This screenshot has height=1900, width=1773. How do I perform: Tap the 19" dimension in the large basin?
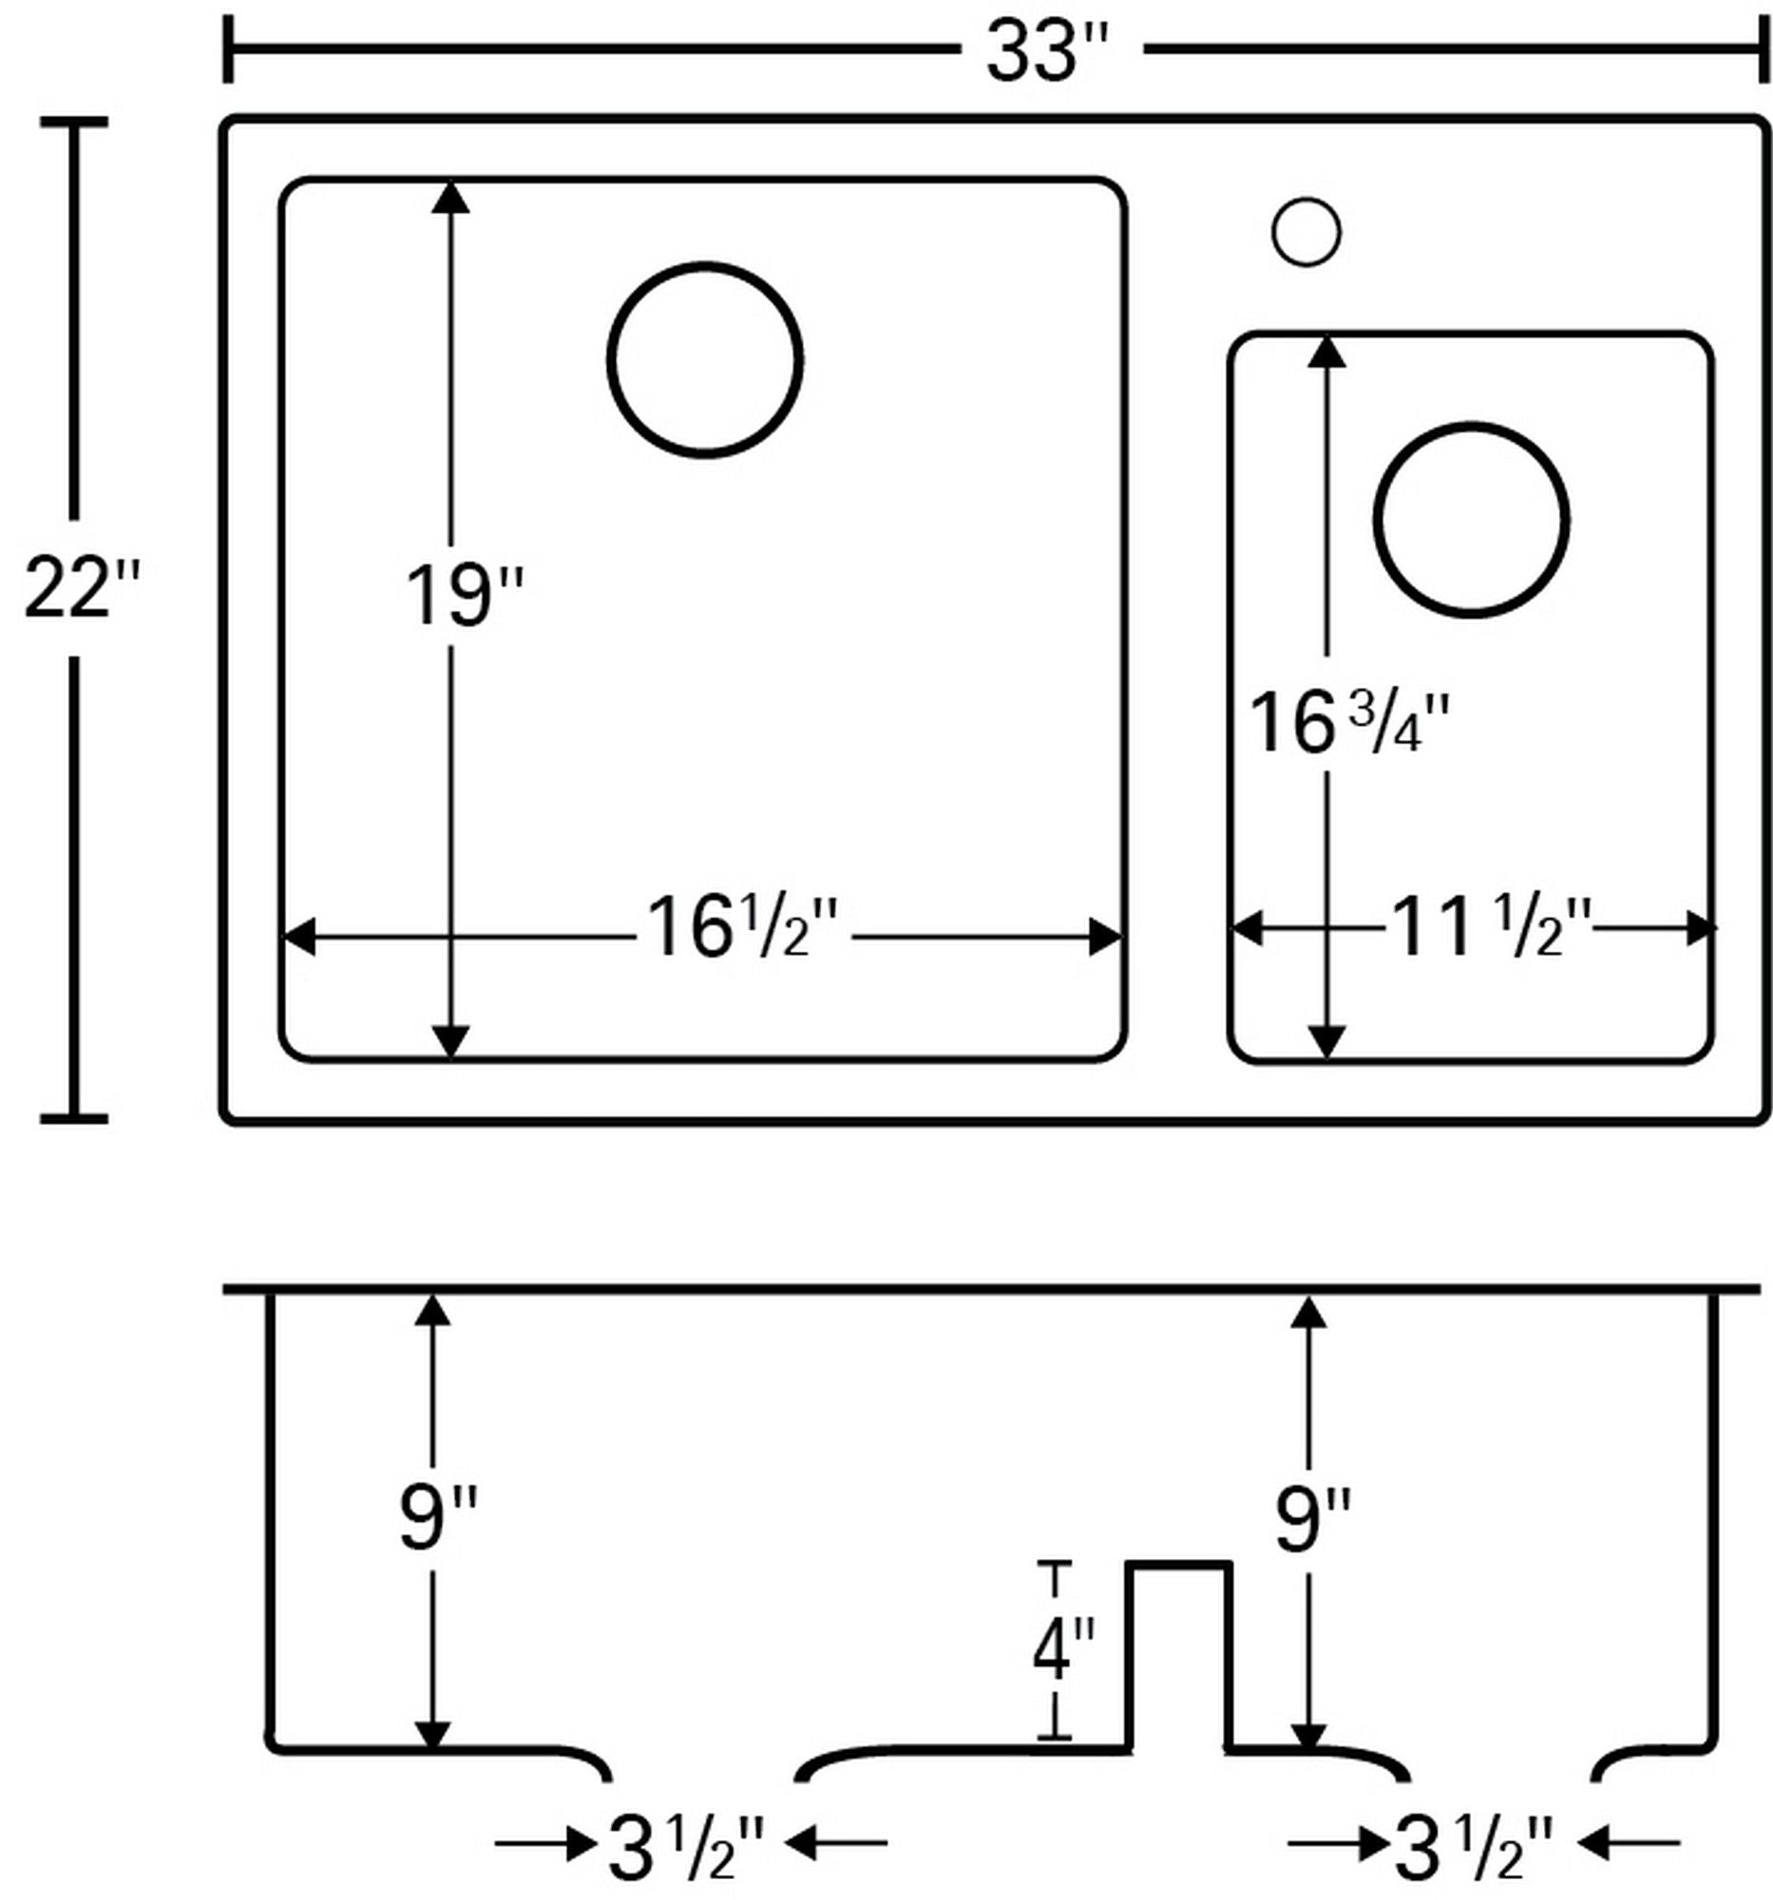coord(464,598)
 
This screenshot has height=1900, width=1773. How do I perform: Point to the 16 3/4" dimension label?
coord(1348,725)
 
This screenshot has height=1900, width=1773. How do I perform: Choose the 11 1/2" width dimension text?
coord(1491,928)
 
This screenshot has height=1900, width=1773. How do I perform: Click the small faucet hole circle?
coord(1306,231)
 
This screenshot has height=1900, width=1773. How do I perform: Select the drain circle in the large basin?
coord(704,360)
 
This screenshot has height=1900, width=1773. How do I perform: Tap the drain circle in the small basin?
coord(1471,520)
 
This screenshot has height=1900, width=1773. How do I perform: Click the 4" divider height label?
coord(1062,1650)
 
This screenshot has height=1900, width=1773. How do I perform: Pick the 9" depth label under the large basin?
coord(436,1518)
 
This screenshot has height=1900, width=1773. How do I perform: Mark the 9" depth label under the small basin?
coord(1312,1518)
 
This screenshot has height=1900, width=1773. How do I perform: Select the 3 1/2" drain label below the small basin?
coord(1472,1850)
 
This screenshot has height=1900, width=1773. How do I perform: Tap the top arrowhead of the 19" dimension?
coord(450,197)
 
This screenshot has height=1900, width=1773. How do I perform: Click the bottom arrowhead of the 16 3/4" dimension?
coord(1325,1041)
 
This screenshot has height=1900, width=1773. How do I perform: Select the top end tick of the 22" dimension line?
coord(73,123)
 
